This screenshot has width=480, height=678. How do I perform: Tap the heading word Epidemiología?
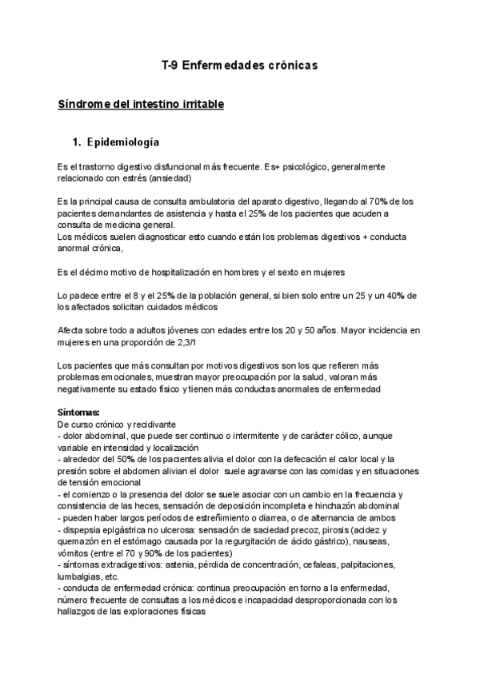(x=124, y=142)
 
